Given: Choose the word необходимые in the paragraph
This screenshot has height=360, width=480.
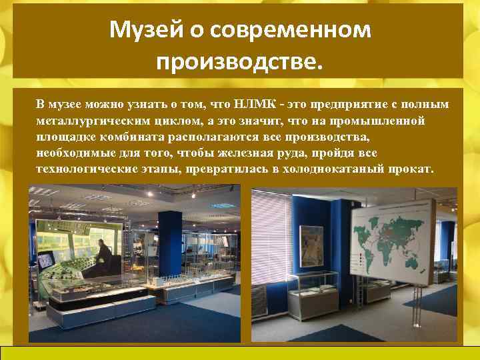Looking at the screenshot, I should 73,153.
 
